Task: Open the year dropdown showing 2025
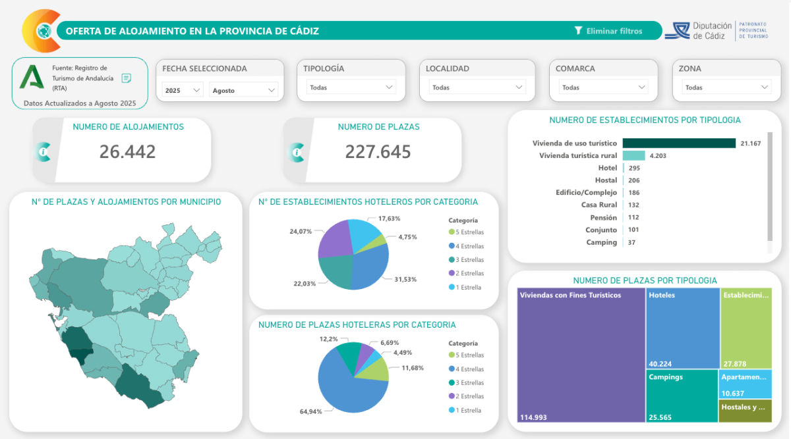click(183, 90)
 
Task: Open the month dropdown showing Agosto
click(243, 90)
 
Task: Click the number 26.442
click(127, 151)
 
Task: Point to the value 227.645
click(378, 151)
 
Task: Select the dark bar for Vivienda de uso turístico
click(678, 143)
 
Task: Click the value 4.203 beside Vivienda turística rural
click(659, 155)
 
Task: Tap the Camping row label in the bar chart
click(601, 242)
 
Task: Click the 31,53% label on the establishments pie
click(405, 279)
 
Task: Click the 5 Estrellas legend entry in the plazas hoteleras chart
click(467, 355)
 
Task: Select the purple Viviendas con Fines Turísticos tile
click(580, 355)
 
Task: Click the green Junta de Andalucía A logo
click(32, 78)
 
